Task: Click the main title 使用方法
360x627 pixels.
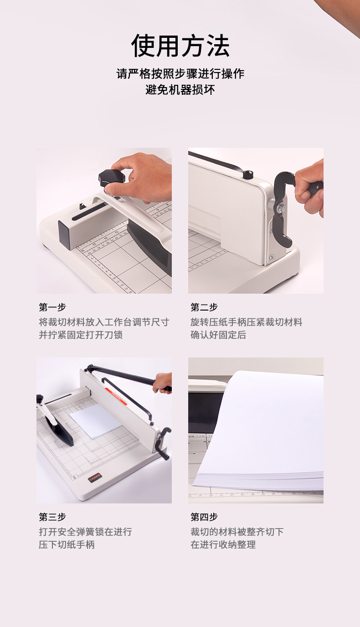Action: coord(180,46)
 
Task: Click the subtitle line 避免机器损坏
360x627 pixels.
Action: coord(180,89)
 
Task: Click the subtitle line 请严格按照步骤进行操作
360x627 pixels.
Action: coord(180,73)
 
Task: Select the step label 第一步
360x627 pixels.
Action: coord(52,307)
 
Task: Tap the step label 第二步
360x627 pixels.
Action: coord(204,307)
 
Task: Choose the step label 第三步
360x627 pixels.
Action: coord(52,517)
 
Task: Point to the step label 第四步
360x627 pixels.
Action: coord(204,517)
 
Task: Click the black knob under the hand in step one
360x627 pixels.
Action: coord(111,176)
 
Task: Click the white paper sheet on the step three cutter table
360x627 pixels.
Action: coord(96,420)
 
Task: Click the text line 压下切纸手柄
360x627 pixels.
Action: coord(67,544)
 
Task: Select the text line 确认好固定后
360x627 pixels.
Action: coord(218,335)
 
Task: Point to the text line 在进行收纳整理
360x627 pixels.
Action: coord(223,544)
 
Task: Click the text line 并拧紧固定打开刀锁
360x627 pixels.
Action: coord(81,335)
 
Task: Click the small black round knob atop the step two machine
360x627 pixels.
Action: coord(247,175)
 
